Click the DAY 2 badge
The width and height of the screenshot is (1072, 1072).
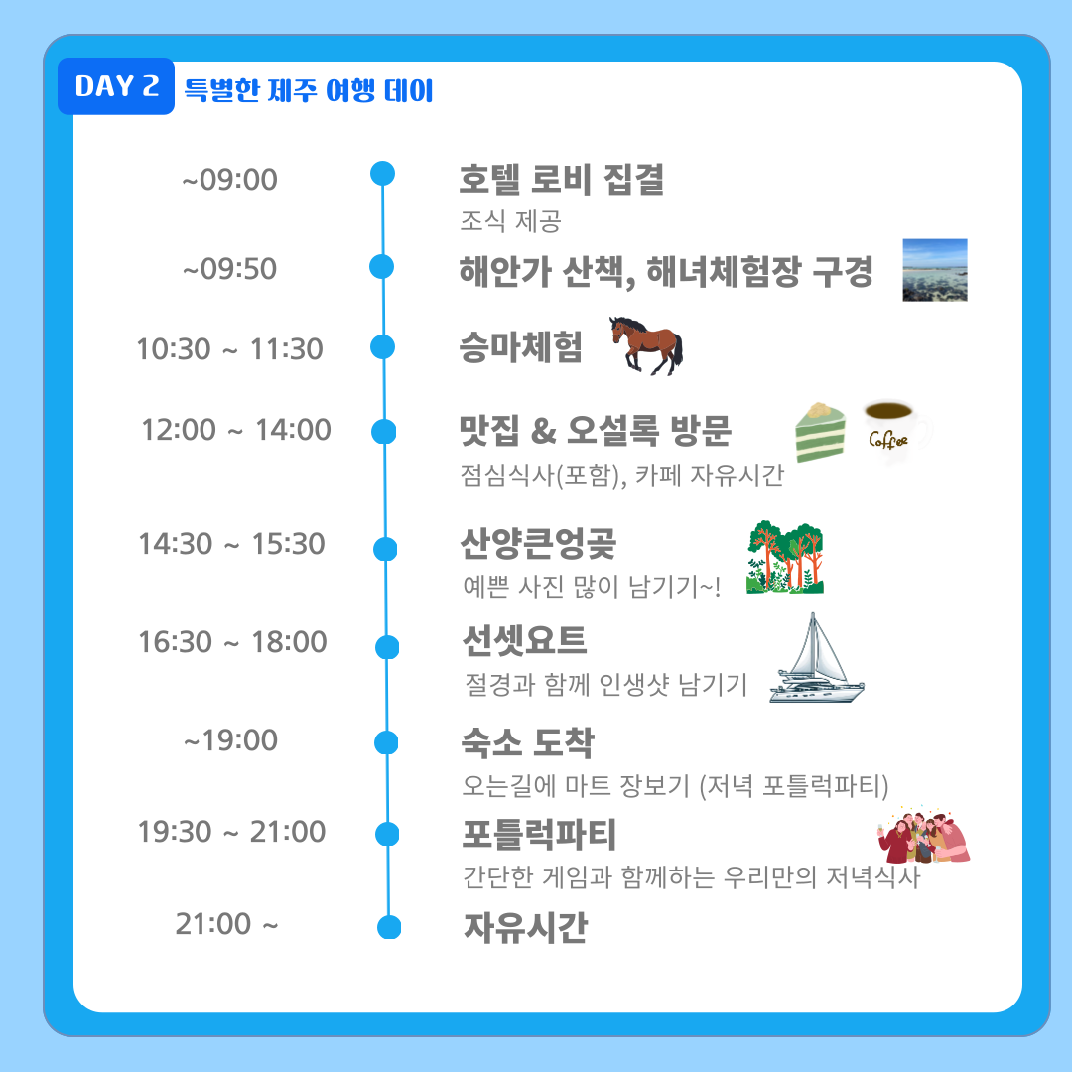click(116, 86)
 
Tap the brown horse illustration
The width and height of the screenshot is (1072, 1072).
click(646, 345)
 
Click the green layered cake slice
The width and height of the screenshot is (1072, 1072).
click(820, 433)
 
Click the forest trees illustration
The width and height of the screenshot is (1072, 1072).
click(785, 557)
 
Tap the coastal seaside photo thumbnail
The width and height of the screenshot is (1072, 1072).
click(935, 270)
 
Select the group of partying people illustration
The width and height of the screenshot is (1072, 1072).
click(924, 834)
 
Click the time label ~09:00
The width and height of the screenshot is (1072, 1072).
click(229, 180)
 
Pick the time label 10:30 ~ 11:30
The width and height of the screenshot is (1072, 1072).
click(229, 349)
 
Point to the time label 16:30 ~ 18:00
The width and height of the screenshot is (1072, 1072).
click(232, 642)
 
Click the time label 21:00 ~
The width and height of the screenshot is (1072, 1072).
click(227, 924)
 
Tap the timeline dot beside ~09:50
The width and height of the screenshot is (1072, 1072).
click(381, 267)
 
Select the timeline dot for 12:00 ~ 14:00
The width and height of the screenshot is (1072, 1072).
click(383, 432)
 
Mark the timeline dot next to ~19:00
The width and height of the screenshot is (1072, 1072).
click(386, 742)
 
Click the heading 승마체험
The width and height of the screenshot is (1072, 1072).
click(520, 347)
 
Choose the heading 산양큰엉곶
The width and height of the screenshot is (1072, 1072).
click(538, 544)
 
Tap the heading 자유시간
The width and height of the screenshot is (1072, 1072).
click(525, 928)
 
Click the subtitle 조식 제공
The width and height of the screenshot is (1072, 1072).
click(511, 221)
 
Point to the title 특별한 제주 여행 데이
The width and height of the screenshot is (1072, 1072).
click(309, 90)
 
